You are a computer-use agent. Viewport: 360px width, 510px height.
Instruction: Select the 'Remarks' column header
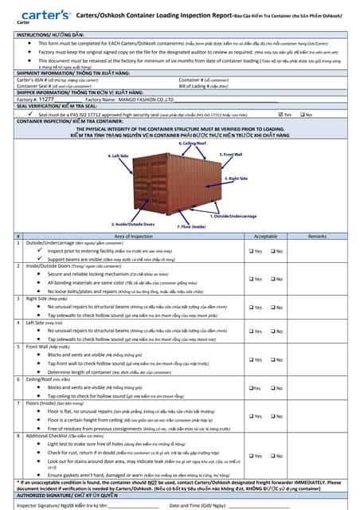click(x=317, y=237)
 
